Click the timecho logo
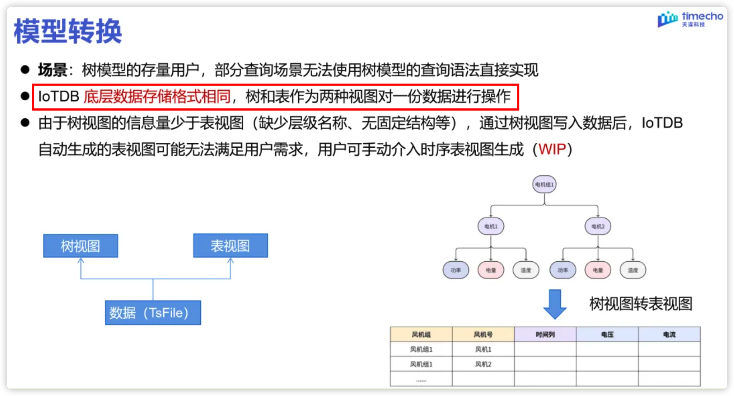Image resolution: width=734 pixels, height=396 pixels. click(x=690, y=19)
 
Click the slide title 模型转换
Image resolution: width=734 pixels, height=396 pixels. click(x=68, y=31)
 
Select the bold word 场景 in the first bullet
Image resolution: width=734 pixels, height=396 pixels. click(x=52, y=70)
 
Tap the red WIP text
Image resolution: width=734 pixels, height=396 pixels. click(x=552, y=149)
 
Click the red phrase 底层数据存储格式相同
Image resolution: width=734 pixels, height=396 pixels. click(x=157, y=97)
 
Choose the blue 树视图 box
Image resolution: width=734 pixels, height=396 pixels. click(x=81, y=246)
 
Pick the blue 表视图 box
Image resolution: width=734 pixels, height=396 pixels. click(x=230, y=245)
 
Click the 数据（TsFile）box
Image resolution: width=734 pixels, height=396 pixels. click(x=153, y=313)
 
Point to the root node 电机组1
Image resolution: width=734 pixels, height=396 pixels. click(x=544, y=184)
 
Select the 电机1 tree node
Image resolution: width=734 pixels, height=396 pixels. click(x=491, y=226)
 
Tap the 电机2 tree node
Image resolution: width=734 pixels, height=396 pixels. click(x=598, y=226)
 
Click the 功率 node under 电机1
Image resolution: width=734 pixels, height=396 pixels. click(x=456, y=270)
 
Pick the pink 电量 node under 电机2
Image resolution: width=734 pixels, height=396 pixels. click(x=598, y=270)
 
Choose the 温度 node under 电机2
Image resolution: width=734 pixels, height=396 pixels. click(x=633, y=270)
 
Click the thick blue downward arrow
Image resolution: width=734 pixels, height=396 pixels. click(x=555, y=304)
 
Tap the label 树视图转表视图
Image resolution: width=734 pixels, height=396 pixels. click(x=640, y=304)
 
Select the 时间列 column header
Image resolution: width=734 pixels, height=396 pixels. click(x=545, y=335)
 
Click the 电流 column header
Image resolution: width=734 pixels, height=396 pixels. click(x=669, y=335)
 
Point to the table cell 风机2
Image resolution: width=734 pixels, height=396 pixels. click(x=483, y=364)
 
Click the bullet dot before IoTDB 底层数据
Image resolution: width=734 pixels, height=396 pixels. click(x=25, y=96)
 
